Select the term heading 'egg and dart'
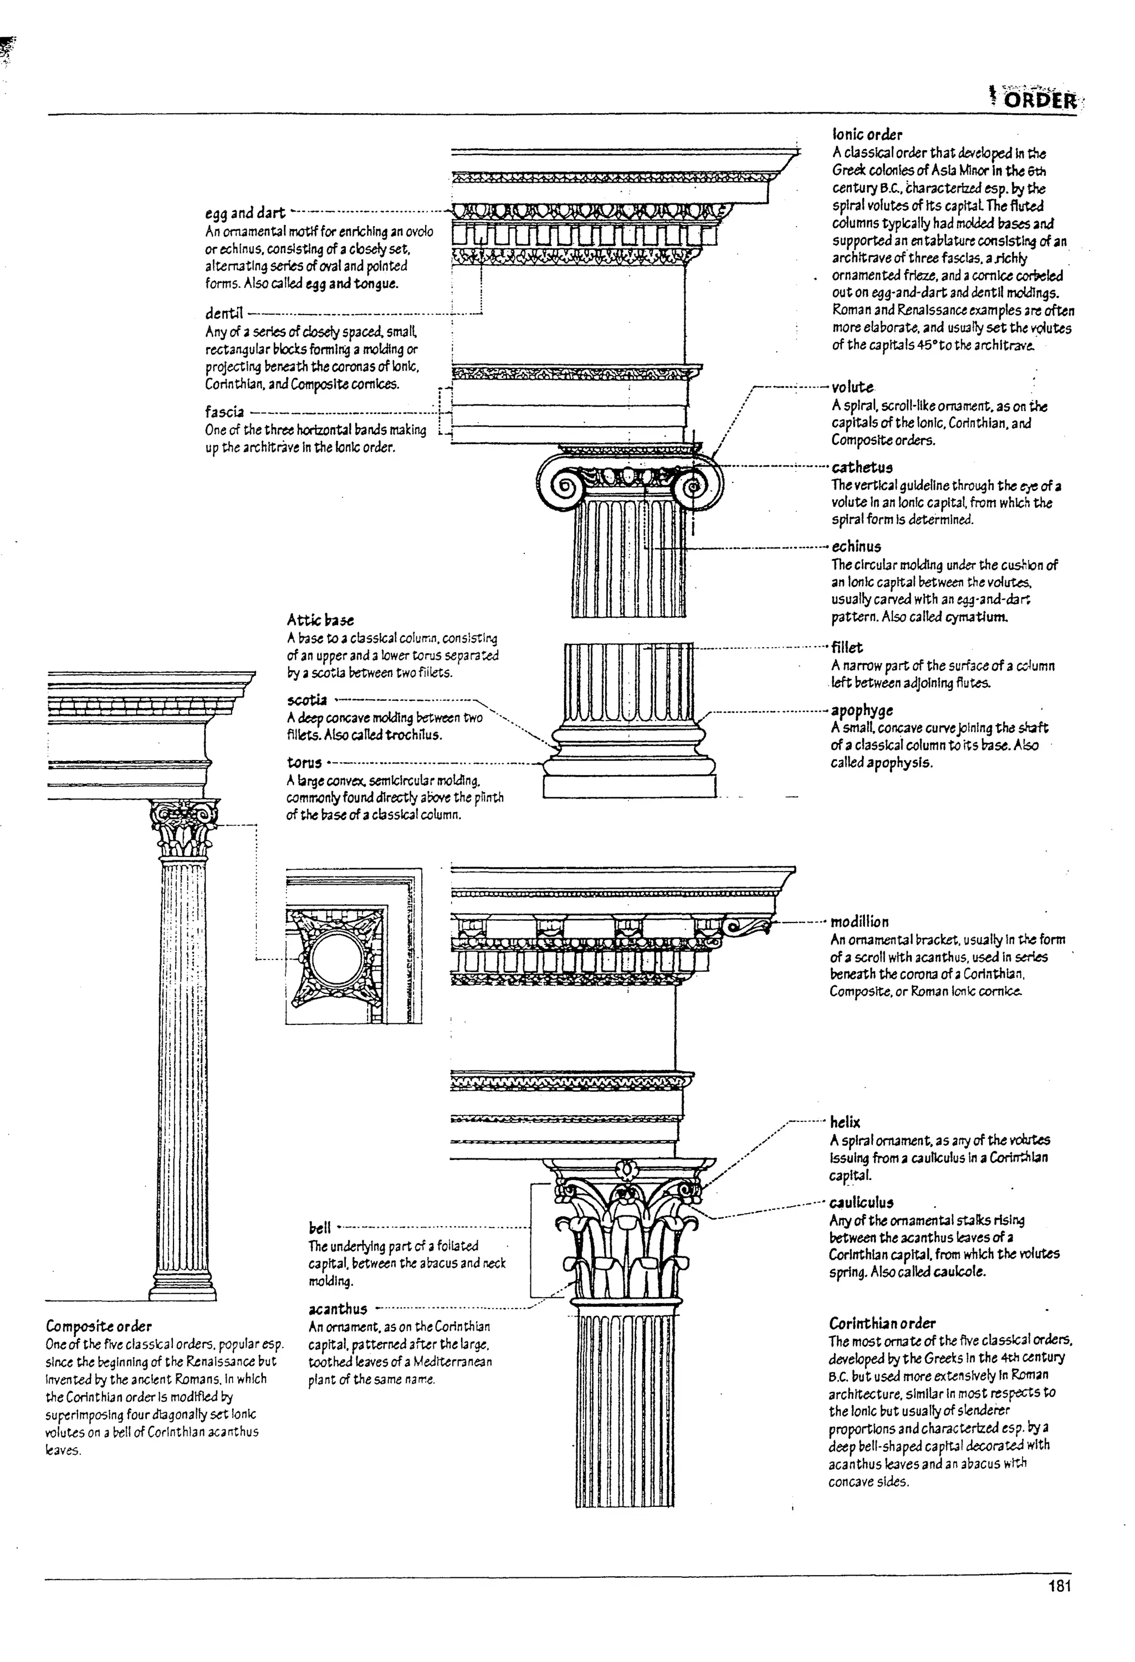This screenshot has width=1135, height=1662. tap(244, 213)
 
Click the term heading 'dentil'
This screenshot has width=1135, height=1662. tap(224, 313)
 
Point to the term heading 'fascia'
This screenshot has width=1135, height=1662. tap(224, 412)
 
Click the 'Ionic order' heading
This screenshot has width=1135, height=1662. tap(867, 135)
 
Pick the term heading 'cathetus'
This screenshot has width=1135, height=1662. tap(862, 468)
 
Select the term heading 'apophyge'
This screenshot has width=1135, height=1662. tap(861, 710)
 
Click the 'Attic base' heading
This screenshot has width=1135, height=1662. tap(320, 620)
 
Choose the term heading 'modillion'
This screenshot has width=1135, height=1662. tap(859, 922)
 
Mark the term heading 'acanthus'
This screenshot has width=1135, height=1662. tap(338, 1309)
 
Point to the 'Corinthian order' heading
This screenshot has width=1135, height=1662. tap(882, 1322)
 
